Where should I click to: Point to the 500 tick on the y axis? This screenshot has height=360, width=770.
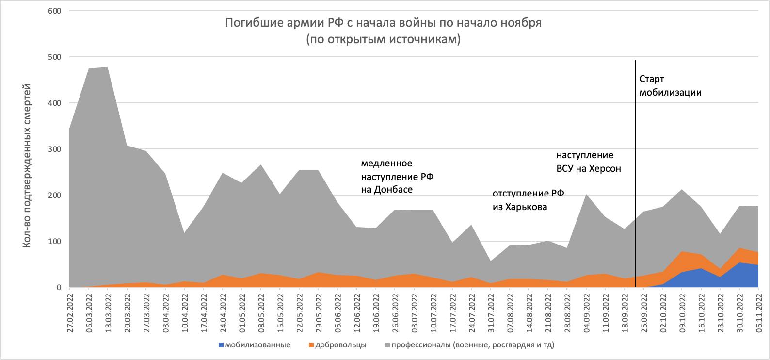point(55,57)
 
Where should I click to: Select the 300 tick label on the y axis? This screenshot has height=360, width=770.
point(55,149)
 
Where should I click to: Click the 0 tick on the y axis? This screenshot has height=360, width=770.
point(59,288)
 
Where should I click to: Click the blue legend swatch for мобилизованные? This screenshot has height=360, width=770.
point(222,345)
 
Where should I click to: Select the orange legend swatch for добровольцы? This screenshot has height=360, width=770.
point(311,345)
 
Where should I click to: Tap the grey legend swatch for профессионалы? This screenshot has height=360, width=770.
point(387,345)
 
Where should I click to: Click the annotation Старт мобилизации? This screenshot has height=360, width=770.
point(670,85)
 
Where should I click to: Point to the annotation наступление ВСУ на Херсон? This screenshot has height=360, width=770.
point(589,162)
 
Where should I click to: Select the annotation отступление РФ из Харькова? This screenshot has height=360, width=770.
point(529,200)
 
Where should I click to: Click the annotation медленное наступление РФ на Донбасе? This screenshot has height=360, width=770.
point(397,176)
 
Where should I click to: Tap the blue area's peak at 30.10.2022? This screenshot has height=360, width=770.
point(739,263)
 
